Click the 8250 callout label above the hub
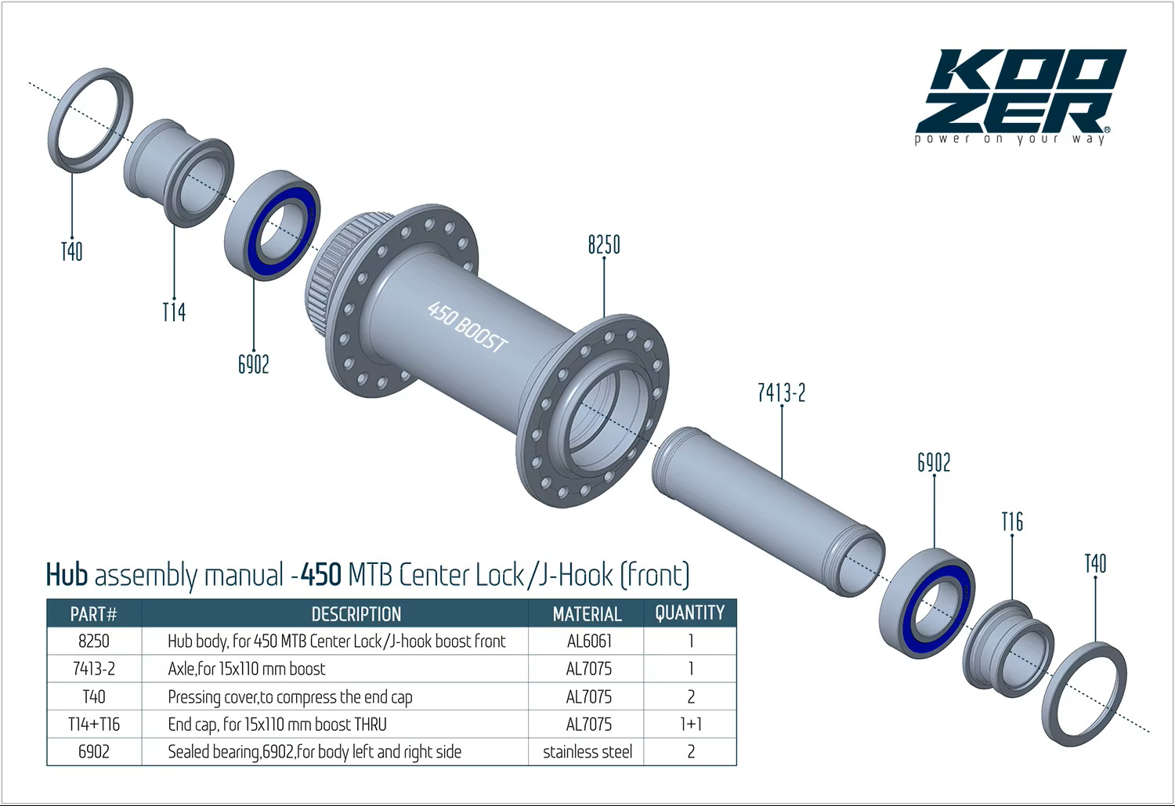[x=604, y=245]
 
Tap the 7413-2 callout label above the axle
[x=781, y=392]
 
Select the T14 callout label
[x=174, y=312]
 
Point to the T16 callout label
[x=1012, y=522]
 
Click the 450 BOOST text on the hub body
[x=467, y=326]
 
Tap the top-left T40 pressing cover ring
[x=90, y=120]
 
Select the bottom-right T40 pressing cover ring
[x=1084, y=694]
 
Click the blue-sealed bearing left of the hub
[x=273, y=225]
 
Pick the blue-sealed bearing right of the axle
[x=927, y=603]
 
